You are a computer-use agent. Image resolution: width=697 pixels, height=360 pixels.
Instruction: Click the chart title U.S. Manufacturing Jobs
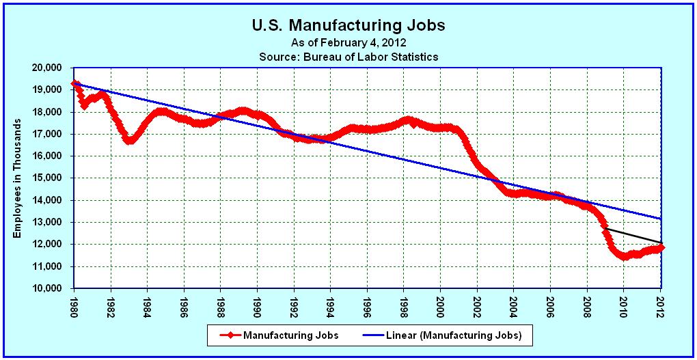click(348, 26)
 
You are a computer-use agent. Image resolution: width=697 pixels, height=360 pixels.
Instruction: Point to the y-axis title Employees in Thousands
click(18, 178)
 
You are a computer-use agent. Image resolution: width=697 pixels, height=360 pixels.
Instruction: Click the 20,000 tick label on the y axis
click(47, 68)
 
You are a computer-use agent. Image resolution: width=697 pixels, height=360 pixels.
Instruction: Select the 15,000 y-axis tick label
click(47, 178)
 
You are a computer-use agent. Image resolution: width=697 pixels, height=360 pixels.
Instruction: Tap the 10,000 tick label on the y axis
click(47, 288)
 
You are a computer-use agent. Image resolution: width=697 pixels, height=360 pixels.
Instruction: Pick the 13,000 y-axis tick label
click(47, 222)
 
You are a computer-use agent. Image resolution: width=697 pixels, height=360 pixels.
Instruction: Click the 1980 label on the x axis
click(74, 305)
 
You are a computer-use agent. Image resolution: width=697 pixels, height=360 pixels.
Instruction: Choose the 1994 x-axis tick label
click(331, 305)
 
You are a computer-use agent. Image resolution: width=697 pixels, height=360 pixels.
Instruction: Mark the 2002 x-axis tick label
click(478, 305)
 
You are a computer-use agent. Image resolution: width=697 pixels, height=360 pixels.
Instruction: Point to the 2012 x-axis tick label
click(661, 305)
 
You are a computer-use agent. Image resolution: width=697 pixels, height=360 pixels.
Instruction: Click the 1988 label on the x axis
click(221, 305)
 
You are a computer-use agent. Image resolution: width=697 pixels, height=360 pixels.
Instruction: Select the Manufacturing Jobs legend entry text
click(290, 335)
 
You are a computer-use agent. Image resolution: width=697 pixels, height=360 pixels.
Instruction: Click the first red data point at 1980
click(74, 83)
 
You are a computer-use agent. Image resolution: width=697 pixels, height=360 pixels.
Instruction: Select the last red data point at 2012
click(661, 247)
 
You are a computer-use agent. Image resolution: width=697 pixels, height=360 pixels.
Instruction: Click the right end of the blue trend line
click(661, 219)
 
